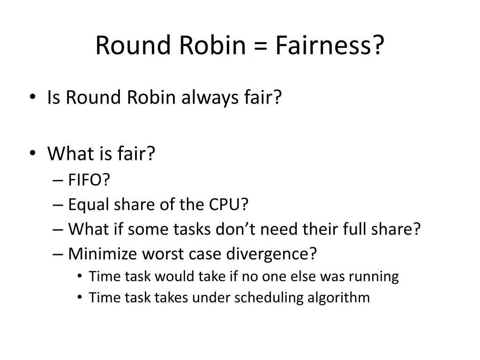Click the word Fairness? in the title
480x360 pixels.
tap(330, 45)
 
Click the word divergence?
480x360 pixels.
tap(272, 254)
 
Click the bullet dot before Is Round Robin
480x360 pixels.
tap(32, 97)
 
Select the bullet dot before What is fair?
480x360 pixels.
tap(32, 153)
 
